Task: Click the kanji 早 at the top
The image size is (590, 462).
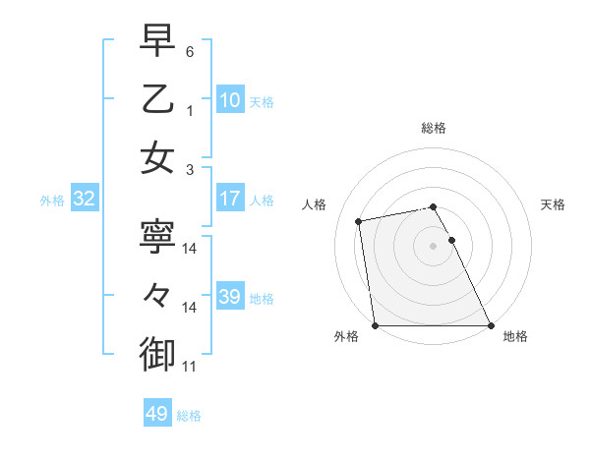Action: pyautogui.click(x=158, y=41)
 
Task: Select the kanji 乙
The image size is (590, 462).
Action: pyautogui.click(x=158, y=99)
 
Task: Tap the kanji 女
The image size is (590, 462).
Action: pyautogui.click(x=158, y=157)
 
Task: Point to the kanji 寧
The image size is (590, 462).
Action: pyautogui.click(x=158, y=239)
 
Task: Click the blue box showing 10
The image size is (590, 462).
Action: pyautogui.click(x=230, y=99)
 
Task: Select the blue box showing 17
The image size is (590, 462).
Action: pyautogui.click(x=230, y=199)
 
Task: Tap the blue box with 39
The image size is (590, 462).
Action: pyautogui.click(x=230, y=297)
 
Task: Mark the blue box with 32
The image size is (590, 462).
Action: pyautogui.click(x=85, y=199)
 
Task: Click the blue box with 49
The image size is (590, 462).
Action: pyautogui.click(x=157, y=414)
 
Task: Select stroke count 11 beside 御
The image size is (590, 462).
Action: pyautogui.click(x=190, y=367)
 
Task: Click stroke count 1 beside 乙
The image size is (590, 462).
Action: pyautogui.click(x=190, y=111)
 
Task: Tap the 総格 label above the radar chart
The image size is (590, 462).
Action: pyautogui.click(x=434, y=128)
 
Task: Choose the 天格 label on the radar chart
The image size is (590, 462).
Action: pyautogui.click(x=553, y=204)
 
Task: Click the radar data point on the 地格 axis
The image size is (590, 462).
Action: pyautogui.click(x=491, y=324)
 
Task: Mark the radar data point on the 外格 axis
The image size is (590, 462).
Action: pyautogui.click(x=376, y=324)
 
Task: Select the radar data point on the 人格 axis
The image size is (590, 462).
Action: pyautogui.click(x=359, y=221)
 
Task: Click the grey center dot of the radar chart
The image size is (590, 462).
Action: pyautogui.click(x=434, y=245)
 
